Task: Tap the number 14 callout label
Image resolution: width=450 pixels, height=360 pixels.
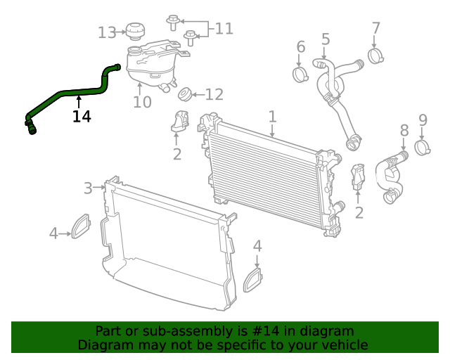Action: pyautogui.click(x=82, y=117)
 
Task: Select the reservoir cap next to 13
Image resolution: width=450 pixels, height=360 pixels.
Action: pyautogui.click(x=134, y=31)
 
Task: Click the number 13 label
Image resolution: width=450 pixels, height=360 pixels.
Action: pyautogui.click(x=107, y=32)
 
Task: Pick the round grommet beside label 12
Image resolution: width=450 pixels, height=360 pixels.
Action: pyautogui.click(x=186, y=94)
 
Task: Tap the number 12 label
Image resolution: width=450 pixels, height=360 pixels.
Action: pyautogui.click(x=214, y=94)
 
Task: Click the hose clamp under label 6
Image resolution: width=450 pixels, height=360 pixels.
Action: pyautogui.click(x=301, y=73)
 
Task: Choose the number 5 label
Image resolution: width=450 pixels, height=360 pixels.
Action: pyautogui.click(x=326, y=39)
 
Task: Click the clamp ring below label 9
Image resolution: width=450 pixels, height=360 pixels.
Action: pyautogui.click(x=423, y=147)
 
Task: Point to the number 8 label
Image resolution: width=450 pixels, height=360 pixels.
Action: pyautogui.click(x=404, y=130)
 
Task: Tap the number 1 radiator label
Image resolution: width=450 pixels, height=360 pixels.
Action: pyautogui.click(x=272, y=117)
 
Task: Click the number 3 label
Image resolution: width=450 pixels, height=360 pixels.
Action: pyautogui.click(x=88, y=188)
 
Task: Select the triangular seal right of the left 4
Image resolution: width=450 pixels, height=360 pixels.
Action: pyautogui.click(x=81, y=226)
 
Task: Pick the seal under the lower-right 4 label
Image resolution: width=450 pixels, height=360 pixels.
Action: pyautogui.click(x=252, y=280)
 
